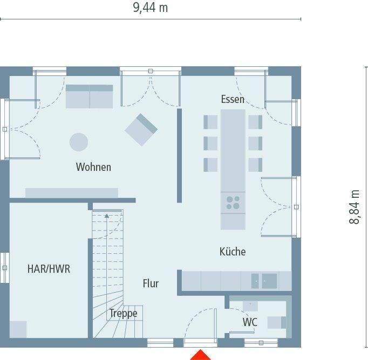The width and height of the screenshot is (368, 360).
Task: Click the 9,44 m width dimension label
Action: (x=151, y=8)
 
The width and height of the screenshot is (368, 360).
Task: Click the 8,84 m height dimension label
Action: (x=354, y=207)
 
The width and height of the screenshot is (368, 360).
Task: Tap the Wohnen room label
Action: (x=93, y=167)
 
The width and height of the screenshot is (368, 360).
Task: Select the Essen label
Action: (x=233, y=99)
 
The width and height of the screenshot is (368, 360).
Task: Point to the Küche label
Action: (x=233, y=251)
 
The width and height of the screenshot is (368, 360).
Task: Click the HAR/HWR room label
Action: (x=49, y=269)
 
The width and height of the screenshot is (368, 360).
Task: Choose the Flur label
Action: (x=151, y=283)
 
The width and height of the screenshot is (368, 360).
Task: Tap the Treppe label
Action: (x=124, y=313)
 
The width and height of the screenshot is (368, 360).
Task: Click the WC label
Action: (x=249, y=322)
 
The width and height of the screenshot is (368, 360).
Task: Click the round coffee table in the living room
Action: (x=79, y=142)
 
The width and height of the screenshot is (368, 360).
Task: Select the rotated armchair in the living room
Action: (x=141, y=129)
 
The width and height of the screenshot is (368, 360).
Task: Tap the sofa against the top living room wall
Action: (x=89, y=96)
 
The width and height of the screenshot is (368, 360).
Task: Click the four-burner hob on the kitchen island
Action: (x=233, y=203)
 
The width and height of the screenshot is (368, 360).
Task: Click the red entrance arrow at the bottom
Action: (x=201, y=355)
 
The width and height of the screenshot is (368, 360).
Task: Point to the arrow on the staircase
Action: (x=107, y=216)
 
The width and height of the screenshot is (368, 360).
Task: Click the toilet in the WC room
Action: (x=276, y=322)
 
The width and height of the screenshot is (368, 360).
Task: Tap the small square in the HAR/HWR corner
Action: (x=18, y=329)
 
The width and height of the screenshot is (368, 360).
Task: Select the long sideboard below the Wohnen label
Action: (x=71, y=193)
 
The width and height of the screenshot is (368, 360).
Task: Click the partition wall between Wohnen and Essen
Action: (x=179, y=155)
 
